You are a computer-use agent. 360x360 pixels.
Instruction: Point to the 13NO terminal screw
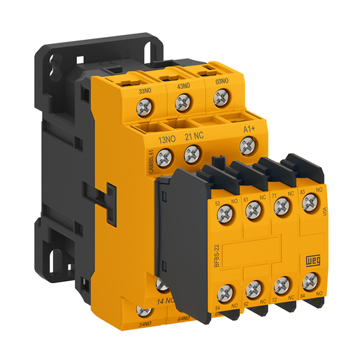(x=164, y=157)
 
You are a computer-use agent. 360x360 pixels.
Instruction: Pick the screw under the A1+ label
(x=246, y=145)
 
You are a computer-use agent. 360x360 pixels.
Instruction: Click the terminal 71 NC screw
(x=281, y=206)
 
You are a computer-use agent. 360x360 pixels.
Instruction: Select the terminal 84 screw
(x=308, y=281)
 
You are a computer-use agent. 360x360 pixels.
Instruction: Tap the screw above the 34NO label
(x=145, y=311)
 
